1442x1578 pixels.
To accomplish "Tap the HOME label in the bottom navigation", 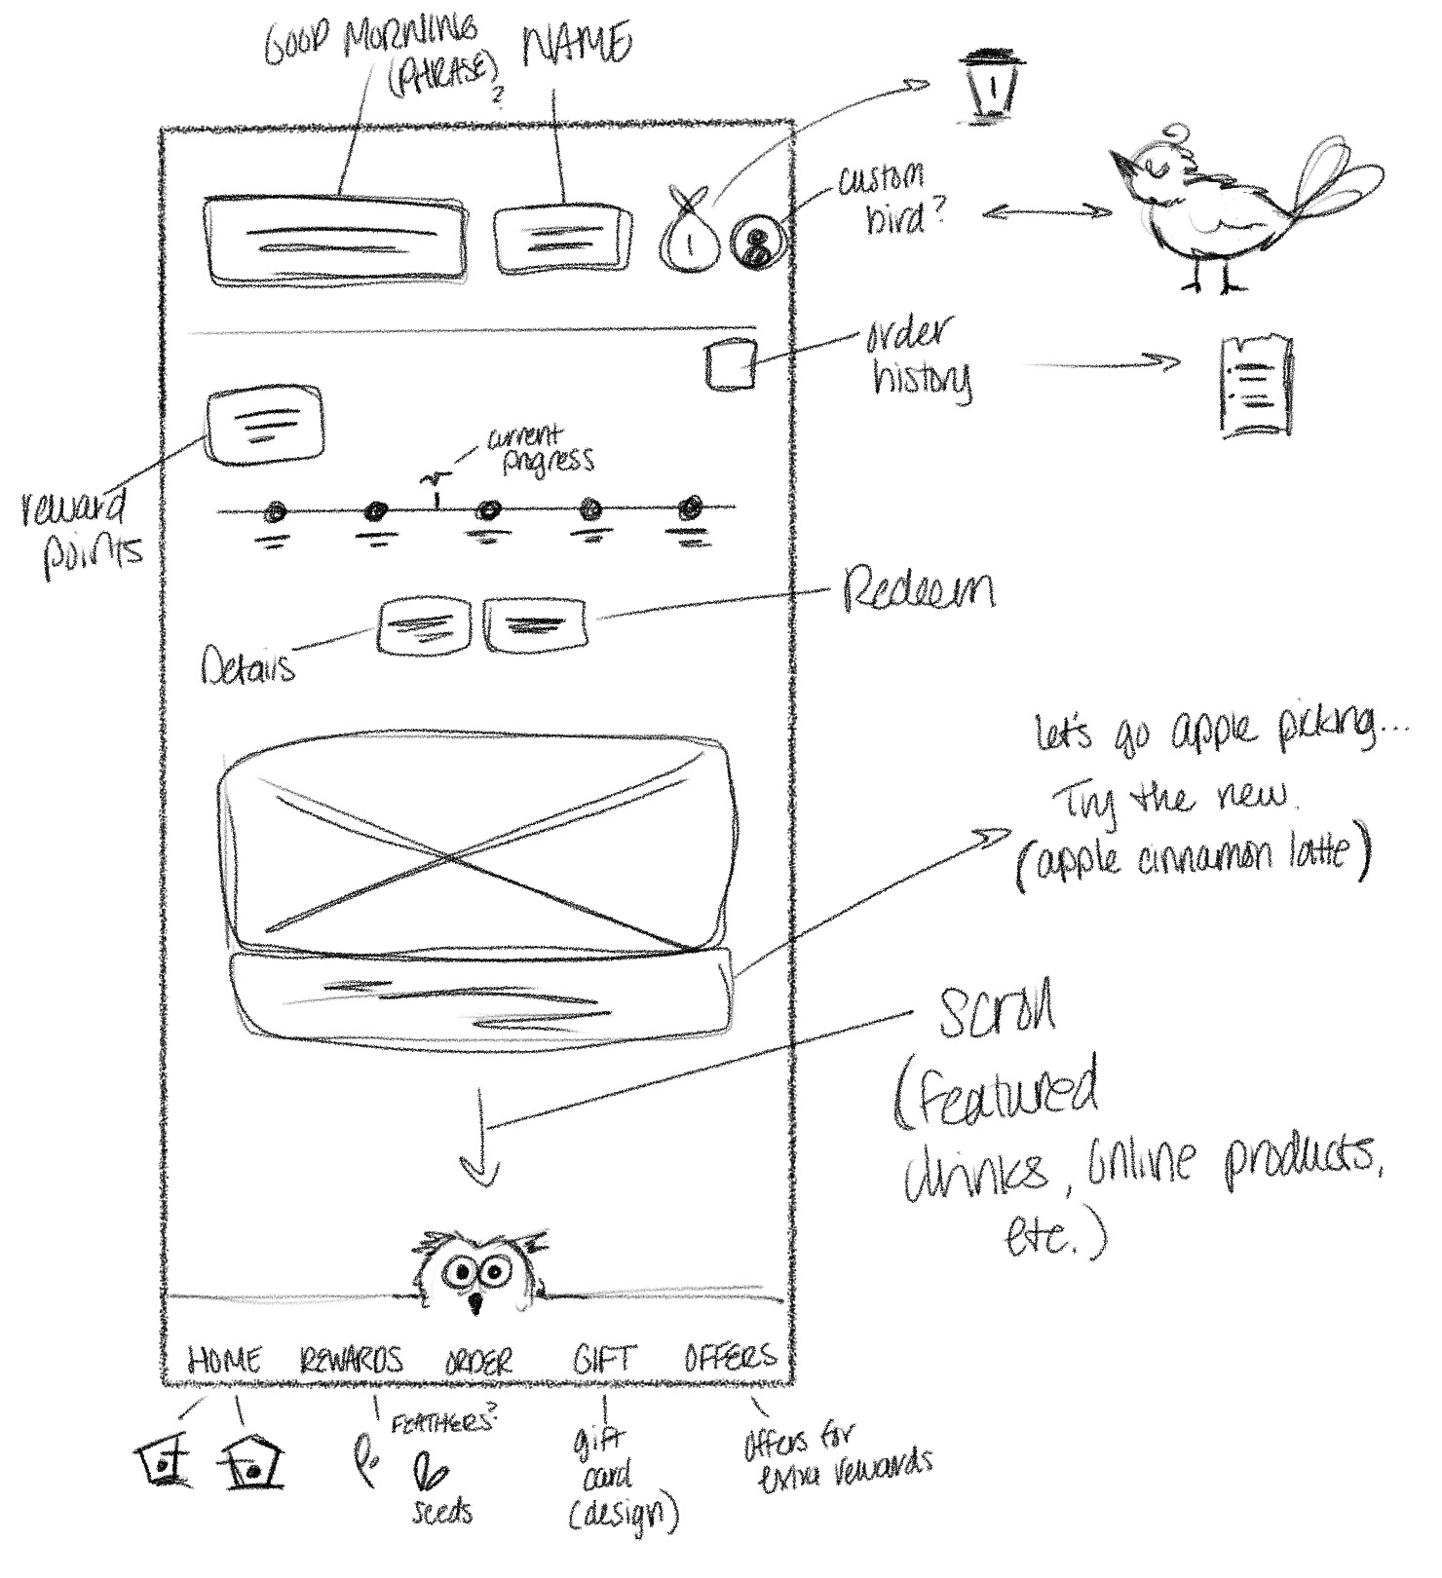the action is tap(224, 1360).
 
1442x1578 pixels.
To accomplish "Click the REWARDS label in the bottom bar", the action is tap(351, 1360).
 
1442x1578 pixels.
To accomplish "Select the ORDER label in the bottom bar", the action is tap(478, 1361).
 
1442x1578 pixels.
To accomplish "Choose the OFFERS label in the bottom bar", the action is tap(731, 1357).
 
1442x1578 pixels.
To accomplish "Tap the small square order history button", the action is tap(731, 365).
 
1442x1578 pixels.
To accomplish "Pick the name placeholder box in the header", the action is tap(557, 238).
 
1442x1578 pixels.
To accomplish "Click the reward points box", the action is tap(264, 423).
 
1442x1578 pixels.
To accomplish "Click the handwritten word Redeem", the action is tap(919, 590).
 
